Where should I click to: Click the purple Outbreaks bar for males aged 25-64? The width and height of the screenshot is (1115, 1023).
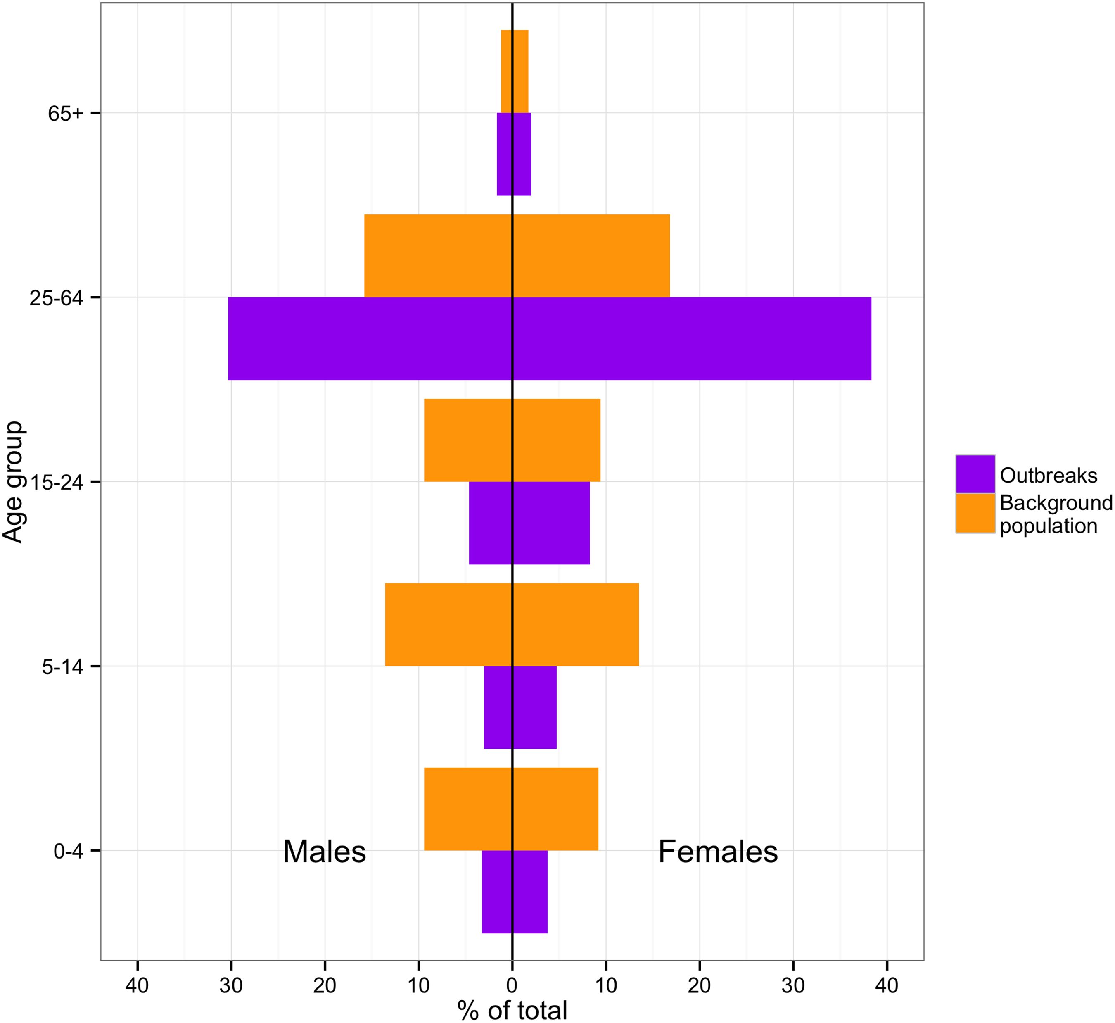(x=370, y=339)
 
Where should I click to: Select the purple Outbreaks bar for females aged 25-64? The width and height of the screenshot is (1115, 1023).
(x=692, y=339)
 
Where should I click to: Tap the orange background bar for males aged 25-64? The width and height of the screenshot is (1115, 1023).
(x=438, y=256)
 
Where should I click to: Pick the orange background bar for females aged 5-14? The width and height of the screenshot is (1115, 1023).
(x=576, y=624)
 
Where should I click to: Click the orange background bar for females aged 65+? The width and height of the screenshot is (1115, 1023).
(x=521, y=71)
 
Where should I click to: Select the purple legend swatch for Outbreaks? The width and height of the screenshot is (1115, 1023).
(x=975, y=474)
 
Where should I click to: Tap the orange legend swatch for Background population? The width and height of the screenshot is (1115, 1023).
(x=975, y=513)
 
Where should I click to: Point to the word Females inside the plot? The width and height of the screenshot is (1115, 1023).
(x=718, y=852)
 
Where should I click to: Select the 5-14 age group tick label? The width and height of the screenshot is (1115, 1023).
(x=62, y=666)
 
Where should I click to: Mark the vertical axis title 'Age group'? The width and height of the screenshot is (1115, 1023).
(x=13, y=482)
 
